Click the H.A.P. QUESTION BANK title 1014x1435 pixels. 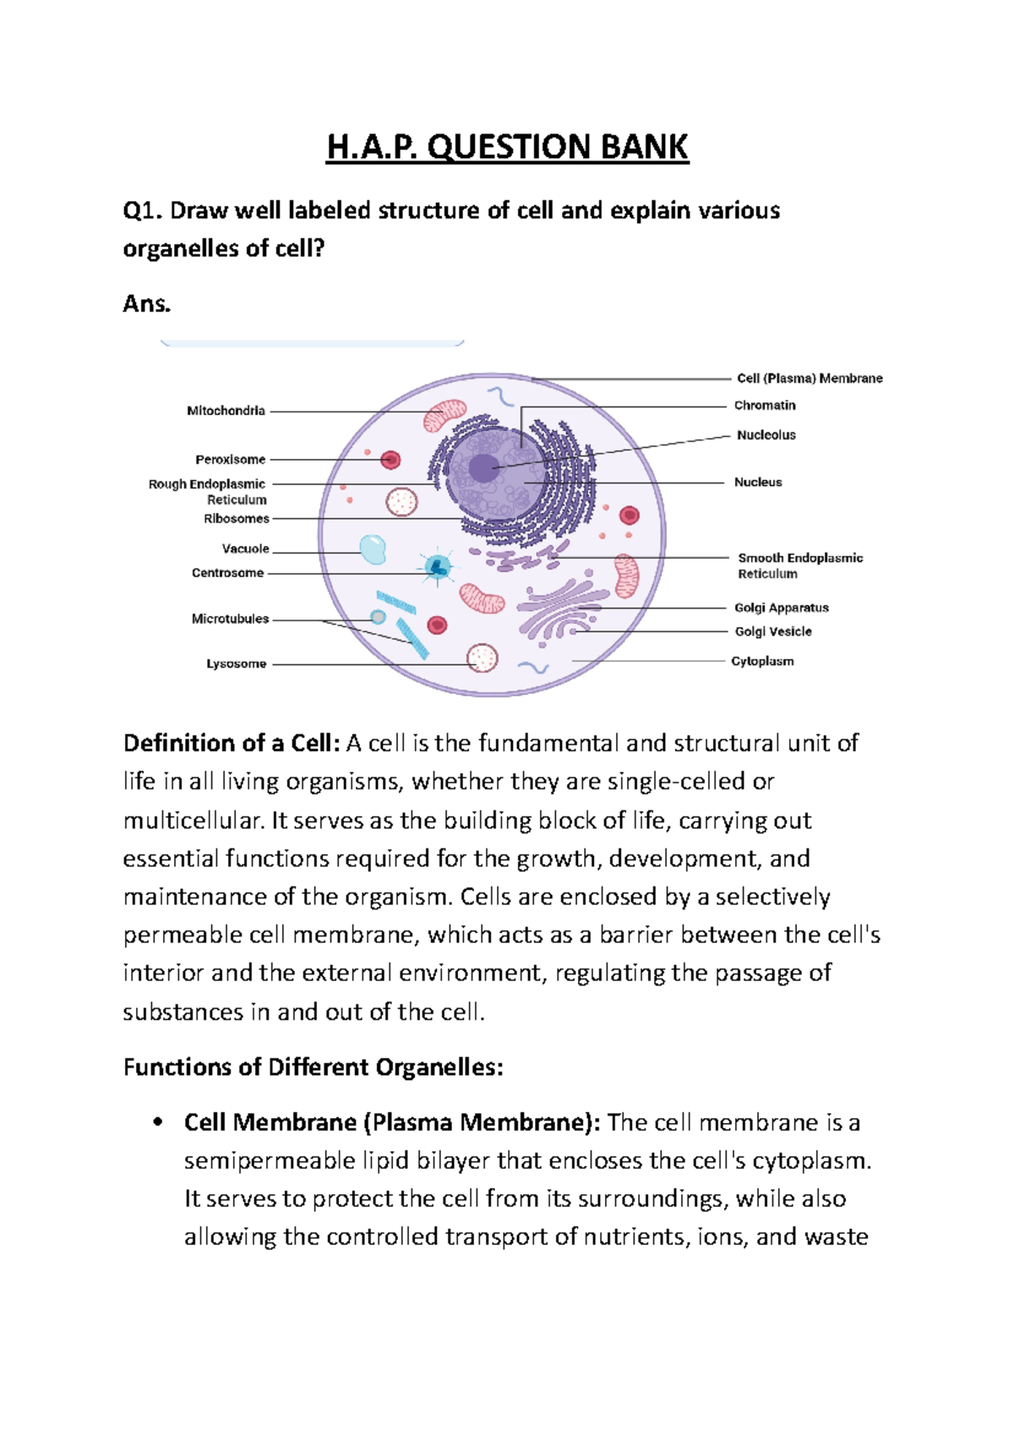pyautogui.click(x=507, y=147)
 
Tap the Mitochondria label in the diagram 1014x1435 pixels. pyautogui.click(x=226, y=411)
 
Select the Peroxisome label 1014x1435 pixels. pyautogui.click(x=230, y=460)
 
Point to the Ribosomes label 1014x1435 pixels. pyautogui.click(x=237, y=519)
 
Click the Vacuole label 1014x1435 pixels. pyautogui.click(x=245, y=549)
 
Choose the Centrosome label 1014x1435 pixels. pyautogui.click(x=227, y=573)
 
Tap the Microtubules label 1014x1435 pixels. pyautogui.click(x=230, y=619)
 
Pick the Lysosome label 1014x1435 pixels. pyautogui.click(x=236, y=664)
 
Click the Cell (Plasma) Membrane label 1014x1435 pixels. pyautogui.click(x=810, y=379)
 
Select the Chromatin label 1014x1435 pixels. pyautogui.click(x=765, y=406)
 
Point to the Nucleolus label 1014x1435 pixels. pyautogui.click(x=766, y=435)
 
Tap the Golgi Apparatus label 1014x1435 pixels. pyautogui.click(x=781, y=608)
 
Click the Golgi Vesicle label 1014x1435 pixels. pyautogui.click(x=772, y=631)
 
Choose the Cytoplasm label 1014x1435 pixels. pyautogui.click(x=762, y=661)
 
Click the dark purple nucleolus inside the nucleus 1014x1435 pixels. pyautogui.click(x=483, y=467)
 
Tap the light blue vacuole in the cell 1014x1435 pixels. pyautogui.click(x=373, y=549)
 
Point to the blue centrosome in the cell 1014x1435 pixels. pyautogui.click(x=437, y=568)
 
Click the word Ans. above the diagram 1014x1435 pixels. pyautogui.click(x=147, y=304)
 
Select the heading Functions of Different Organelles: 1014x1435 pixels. pyautogui.click(x=313, y=1067)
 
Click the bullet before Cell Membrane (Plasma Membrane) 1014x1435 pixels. pyautogui.click(x=156, y=1122)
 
